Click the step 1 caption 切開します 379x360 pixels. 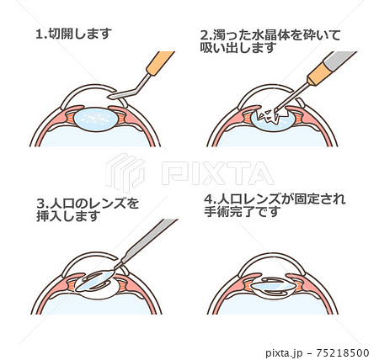[x=80, y=34]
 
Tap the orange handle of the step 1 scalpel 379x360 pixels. [x=160, y=63]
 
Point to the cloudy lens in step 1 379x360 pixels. [x=96, y=119]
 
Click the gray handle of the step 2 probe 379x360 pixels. [x=339, y=61]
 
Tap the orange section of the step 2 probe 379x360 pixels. [x=318, y=75]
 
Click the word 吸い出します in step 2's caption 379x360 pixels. [x=238, y=48]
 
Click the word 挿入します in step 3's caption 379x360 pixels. [x=68, y=216]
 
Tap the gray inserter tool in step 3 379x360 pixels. [x=149, y=241]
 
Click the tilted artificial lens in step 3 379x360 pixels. [x=94, y=281]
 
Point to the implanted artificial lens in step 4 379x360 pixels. [x=273, y=287]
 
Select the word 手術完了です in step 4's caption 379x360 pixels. [x=243, y=212]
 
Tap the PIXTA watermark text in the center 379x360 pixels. [x=217, y=173]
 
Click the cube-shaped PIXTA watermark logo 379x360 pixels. [x=125, y=172]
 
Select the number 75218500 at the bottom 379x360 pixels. [x=343, y=352]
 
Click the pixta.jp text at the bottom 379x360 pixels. [x=284, y=352]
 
